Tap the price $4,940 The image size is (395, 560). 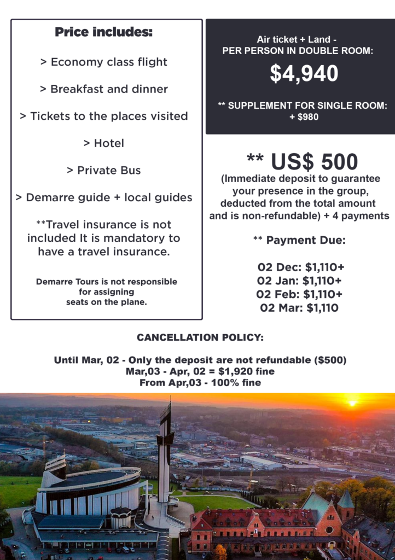point(304,74)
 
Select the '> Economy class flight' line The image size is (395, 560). point(103,62)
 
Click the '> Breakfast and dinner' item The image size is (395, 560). point(103,89)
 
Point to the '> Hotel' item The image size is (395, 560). point(103,143)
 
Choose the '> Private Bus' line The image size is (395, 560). point(103,171)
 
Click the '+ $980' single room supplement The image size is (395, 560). point(300,116)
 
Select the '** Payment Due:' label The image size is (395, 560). point(299,241)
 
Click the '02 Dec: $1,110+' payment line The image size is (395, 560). point(300,268)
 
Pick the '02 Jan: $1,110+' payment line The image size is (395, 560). point(300,281)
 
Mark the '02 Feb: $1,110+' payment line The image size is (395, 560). point(300,294)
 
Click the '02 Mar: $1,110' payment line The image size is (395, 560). point(299,308)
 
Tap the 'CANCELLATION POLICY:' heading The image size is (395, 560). point(200,338)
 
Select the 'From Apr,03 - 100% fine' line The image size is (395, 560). point(200,383)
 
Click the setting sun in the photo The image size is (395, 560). point(352,404)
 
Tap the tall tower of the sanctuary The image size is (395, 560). point(164,448)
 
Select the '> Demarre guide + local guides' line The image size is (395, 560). point(103,197)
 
